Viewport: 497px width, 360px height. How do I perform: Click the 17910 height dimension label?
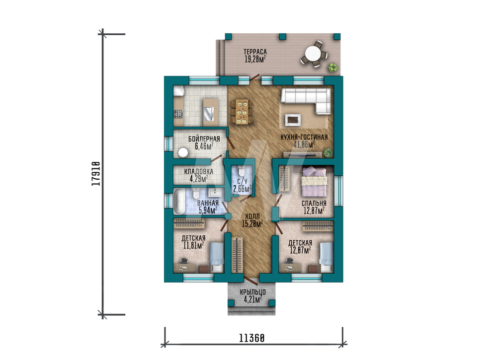pos(96,173)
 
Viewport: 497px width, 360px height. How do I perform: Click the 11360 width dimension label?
pos(251,338)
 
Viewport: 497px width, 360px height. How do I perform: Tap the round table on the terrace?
pos(313,54)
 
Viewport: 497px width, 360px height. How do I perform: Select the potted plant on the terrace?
pos(333,68)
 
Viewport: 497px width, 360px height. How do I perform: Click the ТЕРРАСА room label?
pos(255,52)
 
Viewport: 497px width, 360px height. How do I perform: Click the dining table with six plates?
pos(243,112)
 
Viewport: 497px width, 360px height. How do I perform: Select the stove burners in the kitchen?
pos(178,114)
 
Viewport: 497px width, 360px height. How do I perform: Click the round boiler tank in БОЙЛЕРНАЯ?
pos(183,152)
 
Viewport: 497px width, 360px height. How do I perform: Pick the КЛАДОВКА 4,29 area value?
pos(199,179)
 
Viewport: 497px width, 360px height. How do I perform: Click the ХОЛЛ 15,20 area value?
pos(252,224)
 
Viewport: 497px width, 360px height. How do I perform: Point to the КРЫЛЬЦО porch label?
pos(252,292)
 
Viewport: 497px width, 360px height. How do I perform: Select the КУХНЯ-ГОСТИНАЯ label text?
pos(304,138)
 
